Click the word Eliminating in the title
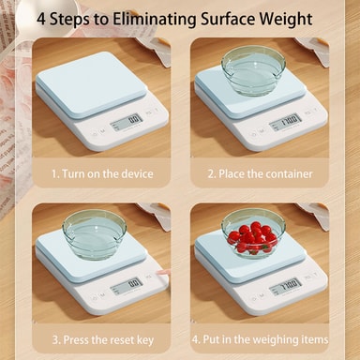coord(155,19)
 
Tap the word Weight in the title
coord(286,20)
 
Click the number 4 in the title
coord(41,20)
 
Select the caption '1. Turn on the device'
coord(102,173)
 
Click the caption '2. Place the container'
coord(260,173)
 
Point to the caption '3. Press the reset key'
coord(103,340)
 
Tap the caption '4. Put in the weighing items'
coord(260,339)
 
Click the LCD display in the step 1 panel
coord(127,122)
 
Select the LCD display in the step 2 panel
coord(285,122)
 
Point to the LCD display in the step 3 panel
coord(127,286)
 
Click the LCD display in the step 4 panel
coord(285,286)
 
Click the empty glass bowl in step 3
coord(95,235)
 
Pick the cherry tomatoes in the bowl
coord(252,237)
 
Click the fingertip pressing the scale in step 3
coord(161,272)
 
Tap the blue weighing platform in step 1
coord(91,85)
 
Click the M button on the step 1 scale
coord(102,131)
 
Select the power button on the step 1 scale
coord(94,134)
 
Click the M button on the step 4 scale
coord(262,295)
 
